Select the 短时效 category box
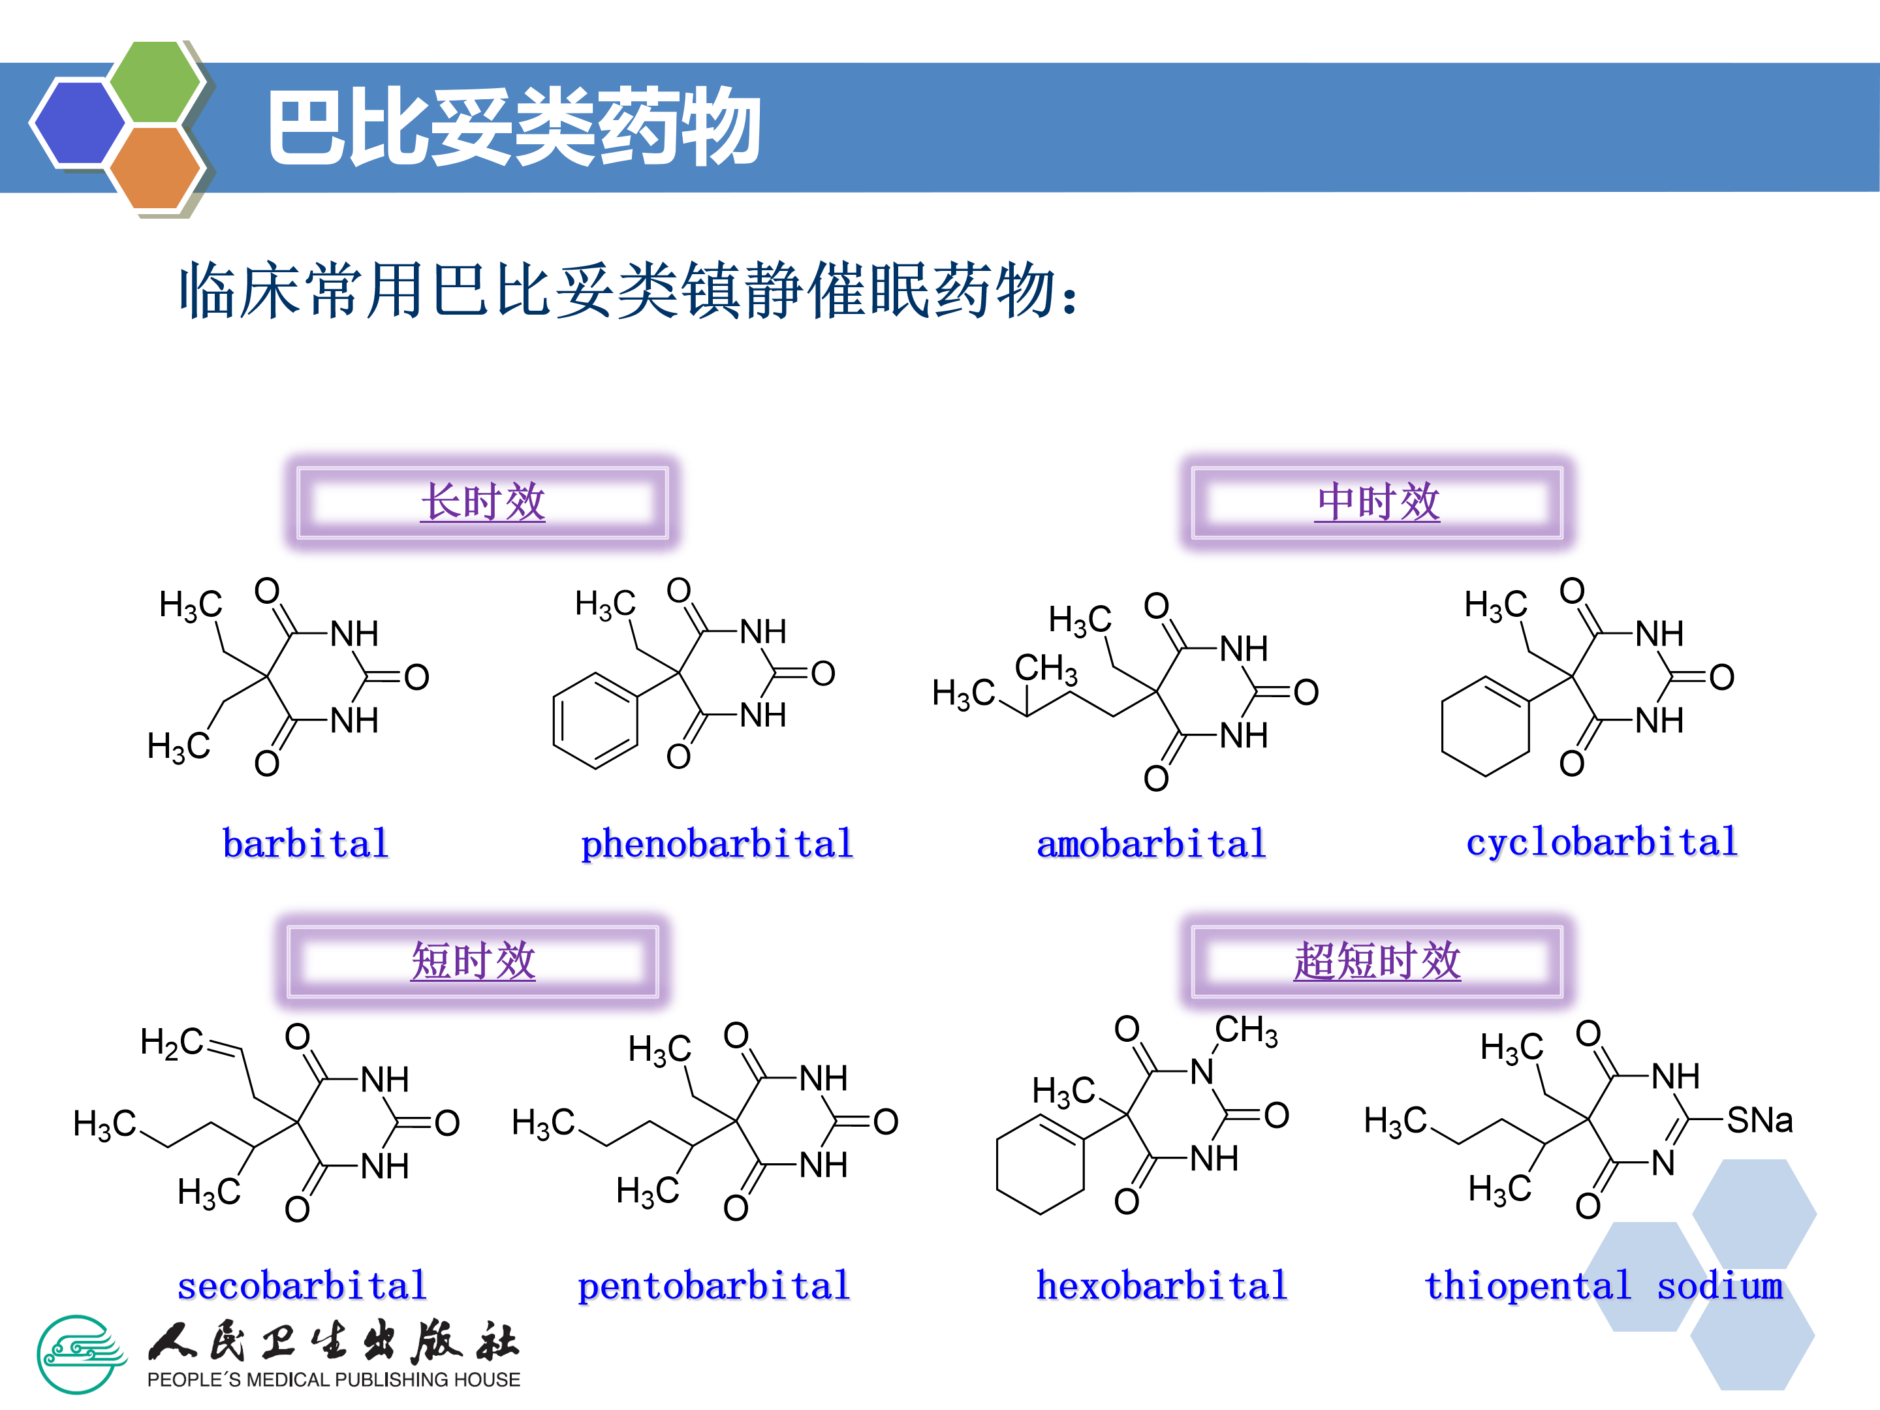[473, 962]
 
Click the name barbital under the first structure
[305, 844]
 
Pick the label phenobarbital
[717, 844]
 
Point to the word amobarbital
[1151, 844]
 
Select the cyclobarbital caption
[1602, 842]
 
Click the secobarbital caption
[302, 1285]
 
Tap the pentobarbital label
[714, 1285]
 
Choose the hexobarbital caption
[1162, 1285]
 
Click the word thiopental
[1527, 1285]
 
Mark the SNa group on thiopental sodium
[1759, 1120]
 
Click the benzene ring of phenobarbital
[595, 721]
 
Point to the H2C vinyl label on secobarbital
[171, 1042]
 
